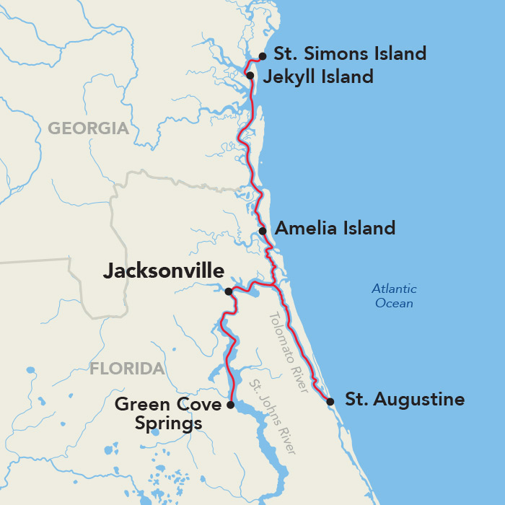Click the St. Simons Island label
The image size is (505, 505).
(x=350, y=54)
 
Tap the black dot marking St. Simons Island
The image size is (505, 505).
(x=263, y=56)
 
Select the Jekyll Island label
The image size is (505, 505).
(x=318, y=76)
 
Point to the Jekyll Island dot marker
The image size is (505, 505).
(x=250, y=75)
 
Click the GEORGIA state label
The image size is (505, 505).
(x=88, y=129)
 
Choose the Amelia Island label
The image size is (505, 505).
(x=335, y=229)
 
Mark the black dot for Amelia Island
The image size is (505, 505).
(x=263, y=231)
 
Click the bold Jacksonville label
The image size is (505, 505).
(x=164, y=271)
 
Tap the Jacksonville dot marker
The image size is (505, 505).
(x=228, y=291)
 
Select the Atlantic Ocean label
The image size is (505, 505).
(x=394, y=296)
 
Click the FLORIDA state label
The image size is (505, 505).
(x=127, y=369)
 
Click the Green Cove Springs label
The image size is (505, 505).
(x=169, y=413)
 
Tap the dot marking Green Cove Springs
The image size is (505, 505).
(x=230, y=405)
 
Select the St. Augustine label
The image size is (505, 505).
(x=405, y=399)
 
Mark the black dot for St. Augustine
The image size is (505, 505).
(x=330, y=401)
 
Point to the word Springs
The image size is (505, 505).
(x=169, y=424)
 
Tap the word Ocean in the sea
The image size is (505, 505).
(x=394, y=304)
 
